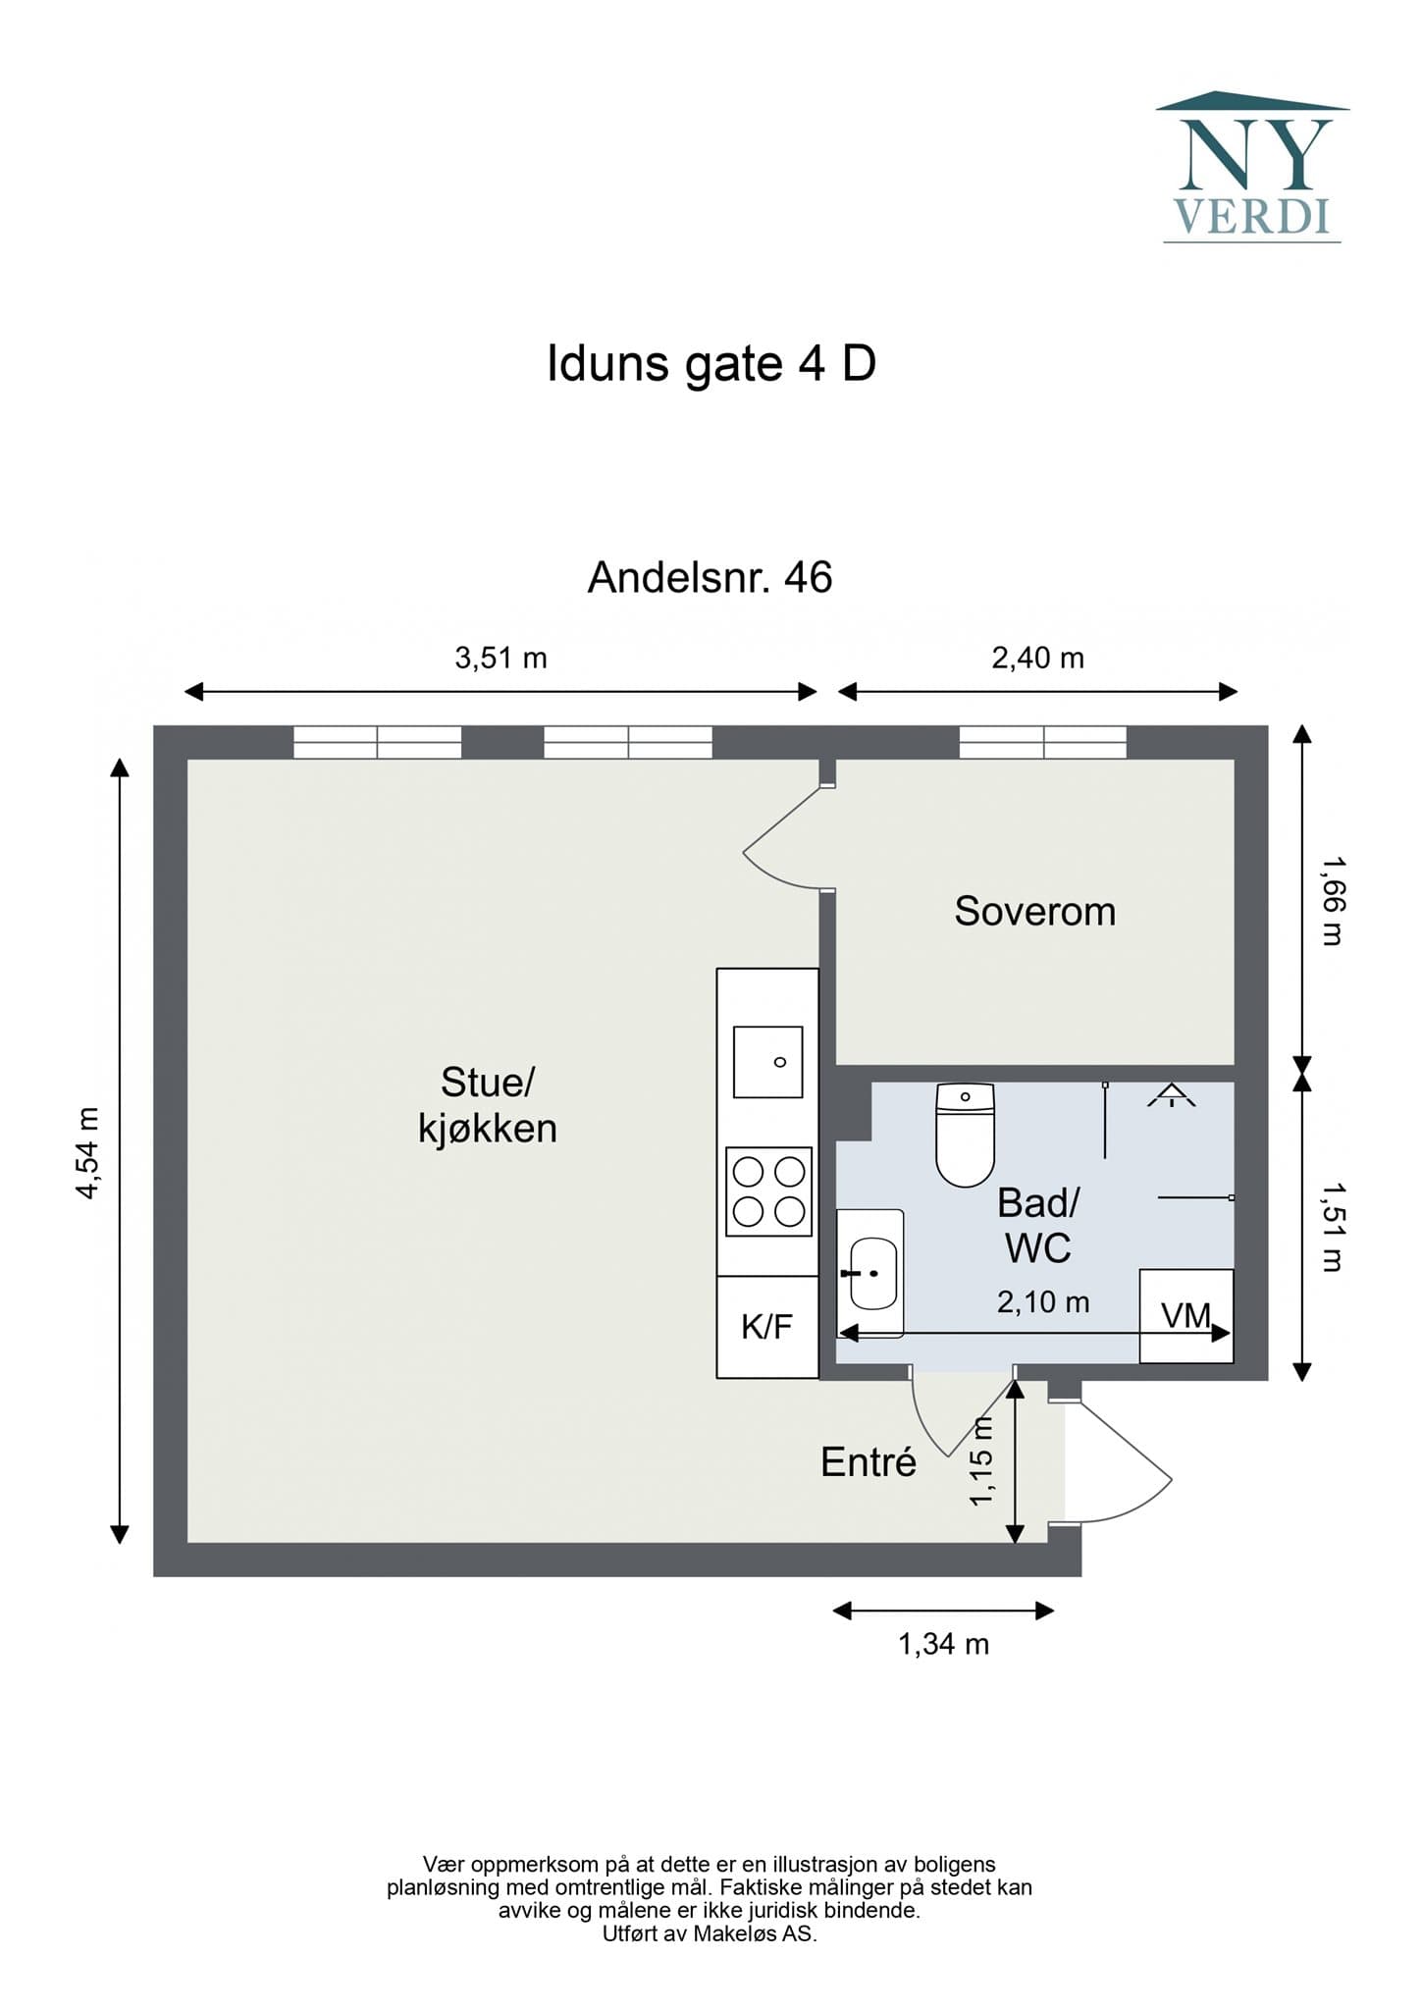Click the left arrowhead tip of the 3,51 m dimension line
185,692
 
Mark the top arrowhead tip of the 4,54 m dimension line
120,759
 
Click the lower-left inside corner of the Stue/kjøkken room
187,1542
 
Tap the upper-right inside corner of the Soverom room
1235,760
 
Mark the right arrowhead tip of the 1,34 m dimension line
1054,1611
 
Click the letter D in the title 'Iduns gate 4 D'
859,364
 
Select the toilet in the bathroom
966,1135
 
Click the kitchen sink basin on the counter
768,1062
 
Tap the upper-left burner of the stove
749,1172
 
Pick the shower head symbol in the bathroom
1172,1096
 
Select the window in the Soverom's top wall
1043,742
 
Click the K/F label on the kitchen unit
766,1327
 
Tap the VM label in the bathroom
1185,1315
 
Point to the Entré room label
868,1462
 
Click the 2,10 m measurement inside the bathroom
1043,1302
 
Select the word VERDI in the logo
1252,216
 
